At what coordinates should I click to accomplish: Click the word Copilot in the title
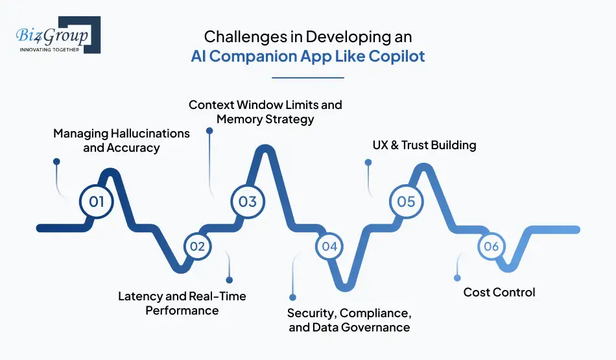tap(397, 56)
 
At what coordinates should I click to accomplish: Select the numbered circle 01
tap(97, 201)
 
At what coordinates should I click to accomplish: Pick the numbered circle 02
tap(197, 246)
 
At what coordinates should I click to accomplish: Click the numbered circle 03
tap(248, 201)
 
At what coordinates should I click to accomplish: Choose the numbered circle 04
tap(329, 246)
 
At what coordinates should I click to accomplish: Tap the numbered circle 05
tap(406, 201)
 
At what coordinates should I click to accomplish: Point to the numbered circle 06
tap(491, 246)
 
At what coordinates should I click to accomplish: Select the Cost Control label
tap(499, 293)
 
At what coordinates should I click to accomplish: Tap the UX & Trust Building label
tap(424, 145)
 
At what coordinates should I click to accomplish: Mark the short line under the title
tap(307, 78)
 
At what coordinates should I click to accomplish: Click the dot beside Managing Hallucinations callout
tap(56, 162)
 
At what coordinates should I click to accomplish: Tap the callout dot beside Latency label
tap(229, 280)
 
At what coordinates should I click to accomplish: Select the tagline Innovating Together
tap(49, 49)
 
